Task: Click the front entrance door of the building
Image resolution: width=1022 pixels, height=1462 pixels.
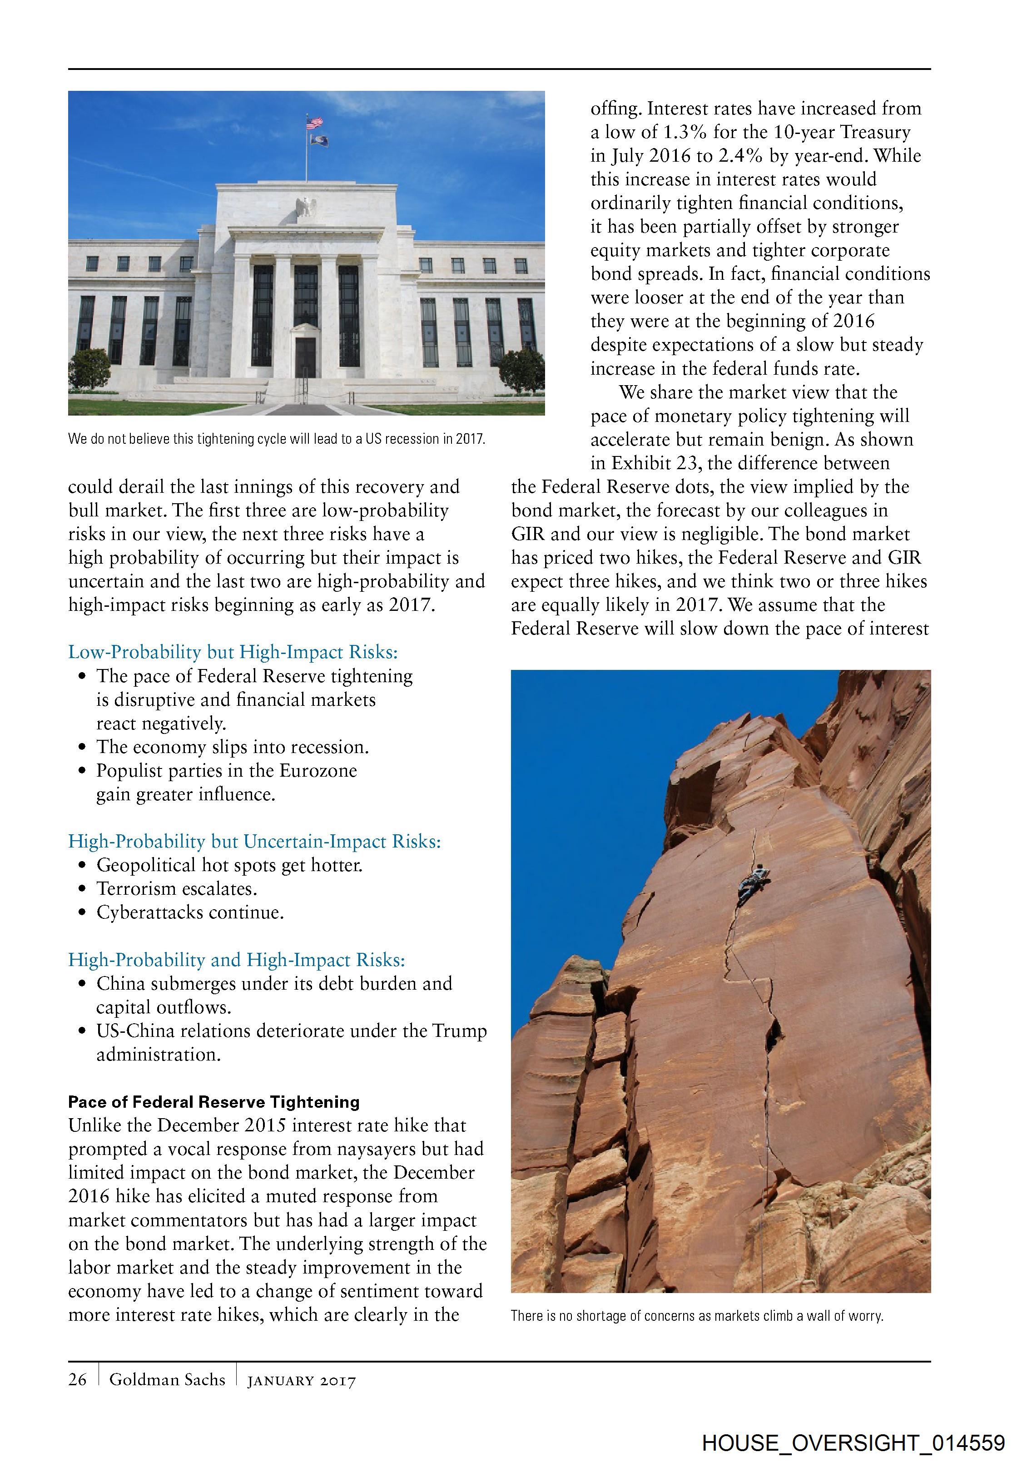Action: click(306, 356)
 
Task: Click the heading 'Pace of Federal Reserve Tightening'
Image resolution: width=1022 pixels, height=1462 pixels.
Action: click(214, 1101)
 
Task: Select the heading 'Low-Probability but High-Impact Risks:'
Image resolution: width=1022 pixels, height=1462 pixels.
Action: click(233, 652)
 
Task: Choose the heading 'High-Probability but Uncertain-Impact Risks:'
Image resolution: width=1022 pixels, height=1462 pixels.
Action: click(255, 841)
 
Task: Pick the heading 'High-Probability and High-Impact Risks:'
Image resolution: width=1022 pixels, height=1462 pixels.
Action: click(237, 960)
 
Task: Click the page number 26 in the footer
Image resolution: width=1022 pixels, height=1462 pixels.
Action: click(78, 1379)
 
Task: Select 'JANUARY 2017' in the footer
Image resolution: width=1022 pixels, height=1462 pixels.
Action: click(302, 1381)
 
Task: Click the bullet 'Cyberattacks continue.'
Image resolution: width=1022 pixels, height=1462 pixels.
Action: click(190, 912)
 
